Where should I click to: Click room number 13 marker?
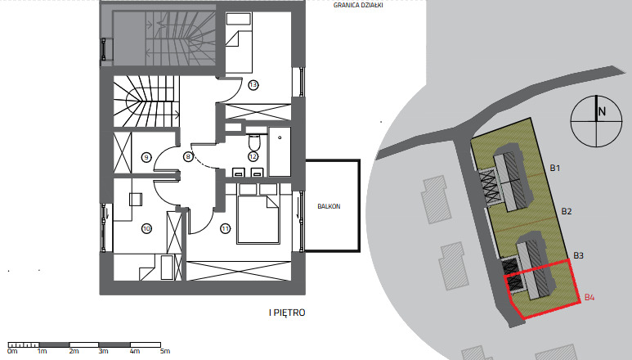(x=253, y=85)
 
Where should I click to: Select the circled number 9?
(x=146, y=157)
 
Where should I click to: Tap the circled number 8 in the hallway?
(x=188, y=157)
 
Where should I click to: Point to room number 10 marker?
(x=146, y=228)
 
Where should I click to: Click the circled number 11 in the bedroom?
(x=225, y=228)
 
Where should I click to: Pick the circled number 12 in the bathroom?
(x=253, y=156)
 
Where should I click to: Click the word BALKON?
(x=329, y=206)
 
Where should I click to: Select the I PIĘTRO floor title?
(x=287, y=313)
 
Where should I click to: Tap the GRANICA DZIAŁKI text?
(x=358, y=6)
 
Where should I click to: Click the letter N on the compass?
(x=602, y=111)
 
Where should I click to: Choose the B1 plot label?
(x=555, y=168)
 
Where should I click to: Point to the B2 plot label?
(x=567, y=211)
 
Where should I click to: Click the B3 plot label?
(x=578, y=255)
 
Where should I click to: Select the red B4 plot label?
(x=589, y=298)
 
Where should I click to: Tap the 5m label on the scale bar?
(x=165, y=351)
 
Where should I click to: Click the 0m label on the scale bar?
(x=12, y=351)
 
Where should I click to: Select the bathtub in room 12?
(x=280, y=151)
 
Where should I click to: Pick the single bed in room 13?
(x=239, y=43)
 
